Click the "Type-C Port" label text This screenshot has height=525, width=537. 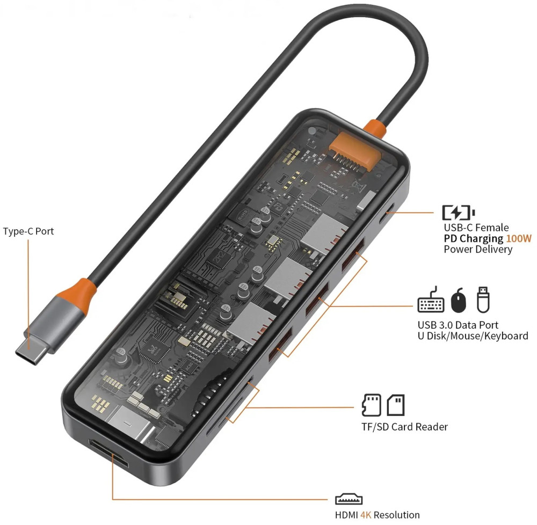click(x=28, y=231)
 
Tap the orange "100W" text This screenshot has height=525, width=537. click(x=519, y=238)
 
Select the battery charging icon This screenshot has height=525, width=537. click(x=458, y=213)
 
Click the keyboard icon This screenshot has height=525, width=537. click(x=431, y=300)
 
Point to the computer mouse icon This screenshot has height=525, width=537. click(x=459, y=300)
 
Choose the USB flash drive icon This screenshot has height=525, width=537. click(x=483, y=300)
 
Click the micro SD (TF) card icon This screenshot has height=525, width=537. click(x=371, y=405)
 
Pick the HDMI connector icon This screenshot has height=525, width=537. click(x=349, y=499)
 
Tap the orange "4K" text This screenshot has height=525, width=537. click(x=366, y=515)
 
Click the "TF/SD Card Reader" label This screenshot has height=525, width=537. click(x=404, y=427)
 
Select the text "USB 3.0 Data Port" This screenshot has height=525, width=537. click(x=458, y=325)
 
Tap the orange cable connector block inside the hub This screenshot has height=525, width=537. click(x=355, y=151)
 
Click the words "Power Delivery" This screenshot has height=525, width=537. click(x=478, y=249)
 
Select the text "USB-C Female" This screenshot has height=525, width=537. click(x=476, y=228)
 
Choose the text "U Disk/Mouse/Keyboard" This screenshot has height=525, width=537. click(x=473, y=336)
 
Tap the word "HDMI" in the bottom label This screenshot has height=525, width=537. click(x=346, y=515)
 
